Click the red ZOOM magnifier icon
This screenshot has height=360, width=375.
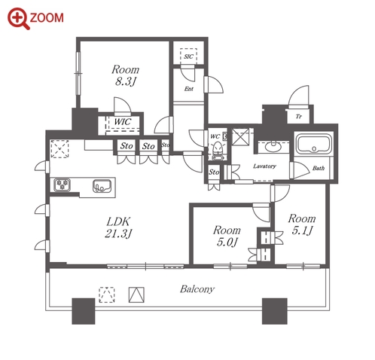(19, 19)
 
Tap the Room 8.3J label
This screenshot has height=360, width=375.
(125, 75)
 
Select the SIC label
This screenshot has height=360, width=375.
(188, 56)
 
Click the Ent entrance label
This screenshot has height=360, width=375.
(189, 89)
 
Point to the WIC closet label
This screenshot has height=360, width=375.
(123, 122)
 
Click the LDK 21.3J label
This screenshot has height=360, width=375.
(118, 227)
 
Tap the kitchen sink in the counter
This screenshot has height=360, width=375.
(102, 186)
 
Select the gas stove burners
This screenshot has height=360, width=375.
(62, 185)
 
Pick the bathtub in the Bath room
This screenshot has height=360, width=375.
(314, 144)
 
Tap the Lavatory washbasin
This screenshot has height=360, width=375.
(273, 147)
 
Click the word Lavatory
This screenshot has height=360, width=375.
(264, 166)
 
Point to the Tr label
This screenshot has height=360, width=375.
(298, 117)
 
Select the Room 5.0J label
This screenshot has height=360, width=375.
(227, 236)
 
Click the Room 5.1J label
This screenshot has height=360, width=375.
(302, 224)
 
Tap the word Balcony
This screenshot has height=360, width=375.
(197, 289)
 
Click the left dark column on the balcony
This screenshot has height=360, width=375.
(84, 311)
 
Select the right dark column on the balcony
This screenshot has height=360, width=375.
(274, 311)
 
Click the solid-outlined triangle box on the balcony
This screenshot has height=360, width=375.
(136, 294)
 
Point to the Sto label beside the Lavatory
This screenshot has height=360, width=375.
(214, 172)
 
